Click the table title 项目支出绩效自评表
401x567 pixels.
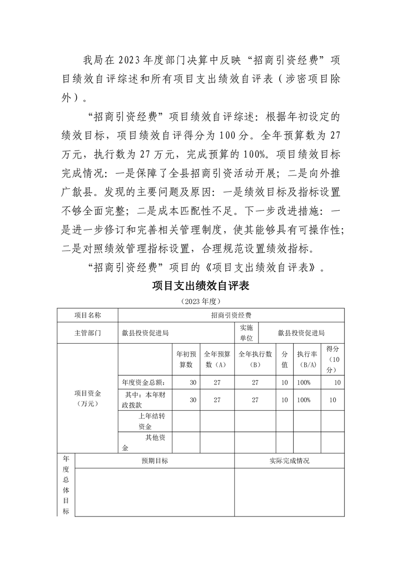point(201,286)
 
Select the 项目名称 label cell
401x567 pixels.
point(87,315)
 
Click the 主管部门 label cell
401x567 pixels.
point(87,333)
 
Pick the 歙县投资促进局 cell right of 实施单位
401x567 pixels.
point(301,333)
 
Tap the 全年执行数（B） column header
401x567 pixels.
point(255,359)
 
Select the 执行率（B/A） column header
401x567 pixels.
point(307,359)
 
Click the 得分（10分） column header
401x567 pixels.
point(332,359)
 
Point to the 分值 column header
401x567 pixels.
point(285,359)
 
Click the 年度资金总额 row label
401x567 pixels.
point(145,383)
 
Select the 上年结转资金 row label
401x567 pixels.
point(145,421)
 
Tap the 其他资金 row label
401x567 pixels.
point(145,443)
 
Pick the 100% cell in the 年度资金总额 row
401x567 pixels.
point(304,383)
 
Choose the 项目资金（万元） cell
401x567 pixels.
point(87,398)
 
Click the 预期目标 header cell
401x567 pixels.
point(155,461)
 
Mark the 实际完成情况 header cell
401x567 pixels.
point(289,461)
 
